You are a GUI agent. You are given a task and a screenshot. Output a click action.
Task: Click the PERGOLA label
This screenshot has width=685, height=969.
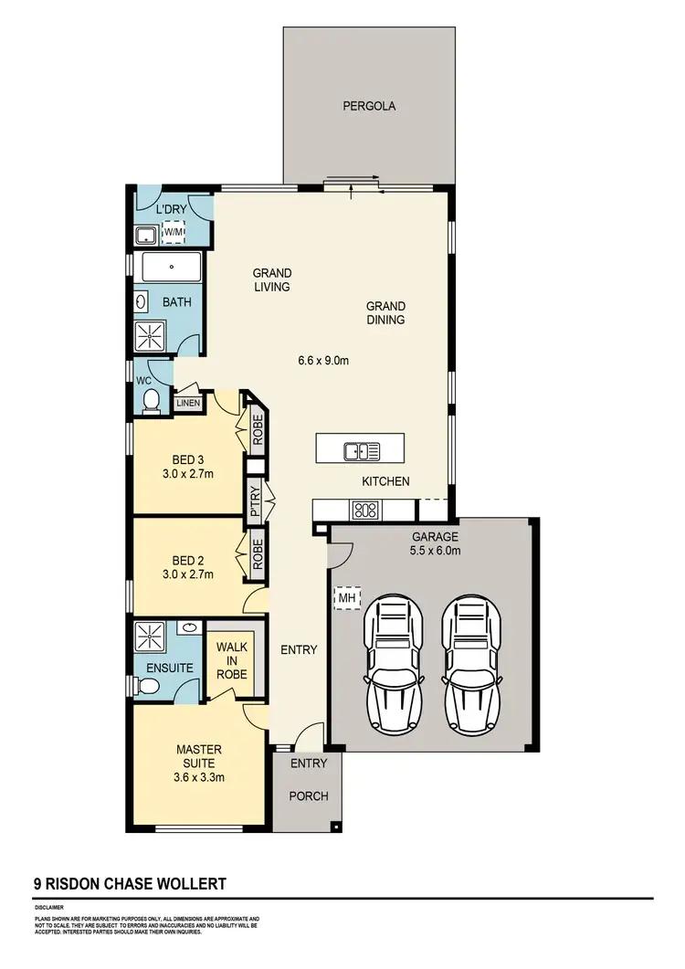coord(369,106)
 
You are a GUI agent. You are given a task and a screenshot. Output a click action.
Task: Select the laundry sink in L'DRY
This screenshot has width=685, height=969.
coord(146,236)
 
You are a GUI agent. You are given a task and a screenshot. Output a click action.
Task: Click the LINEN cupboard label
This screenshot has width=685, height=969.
coord(187,403)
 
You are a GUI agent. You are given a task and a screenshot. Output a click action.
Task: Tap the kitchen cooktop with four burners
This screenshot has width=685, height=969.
coord(365,511)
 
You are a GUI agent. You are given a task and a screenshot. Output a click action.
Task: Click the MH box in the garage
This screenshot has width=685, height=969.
coord(347,598)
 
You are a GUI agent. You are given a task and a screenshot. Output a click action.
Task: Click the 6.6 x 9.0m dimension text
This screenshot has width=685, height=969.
coord(323,360)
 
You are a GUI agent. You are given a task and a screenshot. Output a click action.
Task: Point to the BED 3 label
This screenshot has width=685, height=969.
coord(187,459)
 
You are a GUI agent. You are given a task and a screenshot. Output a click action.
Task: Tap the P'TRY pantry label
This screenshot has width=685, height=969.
coord(256,502)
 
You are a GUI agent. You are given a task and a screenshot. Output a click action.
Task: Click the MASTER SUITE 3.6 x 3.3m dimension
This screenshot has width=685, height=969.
coord(199,778)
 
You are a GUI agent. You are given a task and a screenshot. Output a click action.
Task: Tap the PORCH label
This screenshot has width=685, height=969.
coord(308,796)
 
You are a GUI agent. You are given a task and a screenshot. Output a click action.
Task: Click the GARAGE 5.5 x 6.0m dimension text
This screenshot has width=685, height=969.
coord(435,551)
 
